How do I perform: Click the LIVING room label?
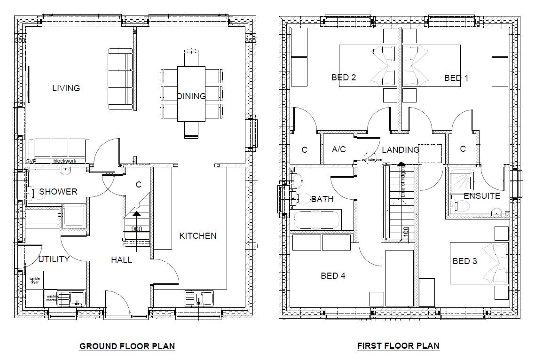pos(66,88)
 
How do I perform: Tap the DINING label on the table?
pos(191,96)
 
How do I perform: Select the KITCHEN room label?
pos(197,235)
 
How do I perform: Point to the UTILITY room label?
pos(54,259)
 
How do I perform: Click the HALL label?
pos(121,259)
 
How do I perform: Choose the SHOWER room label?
pos(58,192)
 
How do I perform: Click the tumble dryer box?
pos(35,281)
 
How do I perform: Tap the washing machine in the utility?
pos(53,298)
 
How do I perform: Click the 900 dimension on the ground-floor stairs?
pos(136,229)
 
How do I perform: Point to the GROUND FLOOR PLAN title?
pos(127,346)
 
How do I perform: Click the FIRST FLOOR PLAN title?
pos(398,346)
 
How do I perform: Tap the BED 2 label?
pos(343,78)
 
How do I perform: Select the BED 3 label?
pos(464,261)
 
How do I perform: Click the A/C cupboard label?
pos(338,149)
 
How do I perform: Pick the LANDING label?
pos(400,150)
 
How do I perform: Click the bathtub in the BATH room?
pos(316,219)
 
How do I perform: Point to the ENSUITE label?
pos(481,196)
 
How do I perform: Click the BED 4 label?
pos(333,276)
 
